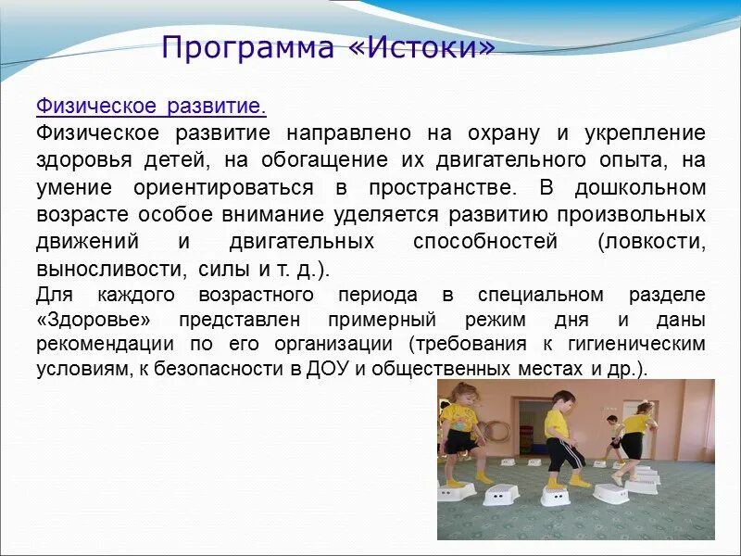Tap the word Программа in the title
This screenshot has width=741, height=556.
click(x=247, y=47)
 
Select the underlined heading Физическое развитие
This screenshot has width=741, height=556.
click(x=151, y=107)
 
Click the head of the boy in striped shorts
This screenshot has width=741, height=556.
click(x=560, y=401)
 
